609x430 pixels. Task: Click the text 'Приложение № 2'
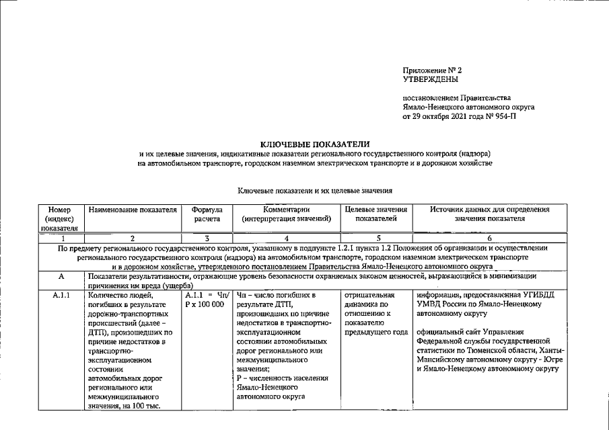[432, 70]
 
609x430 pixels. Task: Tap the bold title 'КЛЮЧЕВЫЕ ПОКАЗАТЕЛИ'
[314, 144]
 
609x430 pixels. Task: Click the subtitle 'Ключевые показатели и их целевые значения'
[314, 191]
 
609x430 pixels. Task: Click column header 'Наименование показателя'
[132, 210]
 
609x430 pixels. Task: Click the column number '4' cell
[287, 238]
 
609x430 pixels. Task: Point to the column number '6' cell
[489, 238]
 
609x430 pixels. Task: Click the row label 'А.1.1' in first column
[61, 294]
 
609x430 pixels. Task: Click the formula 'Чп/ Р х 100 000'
[206, 299]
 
